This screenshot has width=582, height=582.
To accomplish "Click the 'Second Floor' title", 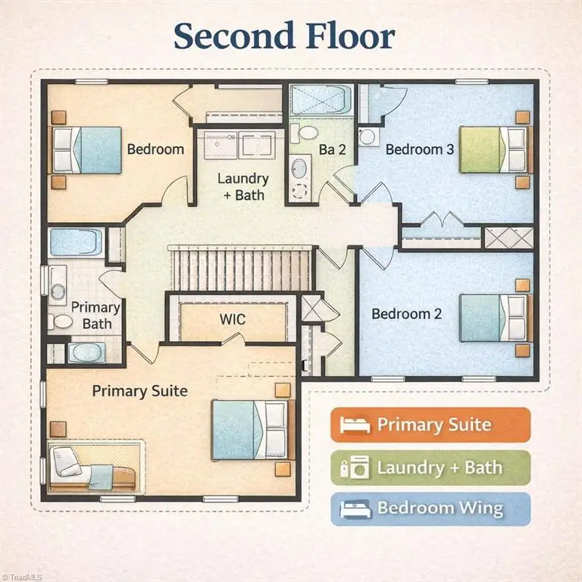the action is click(x=284, y=36).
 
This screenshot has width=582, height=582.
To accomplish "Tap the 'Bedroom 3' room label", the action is click(x=419, y=149).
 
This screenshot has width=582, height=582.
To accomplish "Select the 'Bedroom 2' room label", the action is click(x=407, y=314).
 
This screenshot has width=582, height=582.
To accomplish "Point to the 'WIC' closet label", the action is click(x=233, y=319).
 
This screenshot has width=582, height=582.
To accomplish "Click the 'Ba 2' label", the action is click(x=333, y=149).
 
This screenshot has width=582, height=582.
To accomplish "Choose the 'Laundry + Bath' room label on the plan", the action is click(x=243, y=186).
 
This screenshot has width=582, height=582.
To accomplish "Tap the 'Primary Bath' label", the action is click(x=95, y=315).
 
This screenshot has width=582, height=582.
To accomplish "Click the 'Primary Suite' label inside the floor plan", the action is click(x=140, y=391).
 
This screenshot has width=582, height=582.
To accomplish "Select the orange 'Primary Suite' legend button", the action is click(x=430, y=424).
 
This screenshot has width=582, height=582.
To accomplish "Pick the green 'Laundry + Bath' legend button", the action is click(x=430, y=468).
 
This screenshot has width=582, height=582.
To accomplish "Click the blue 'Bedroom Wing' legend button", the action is click(x=430, y=509).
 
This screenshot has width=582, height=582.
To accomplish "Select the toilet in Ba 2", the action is click(x=304, y=133).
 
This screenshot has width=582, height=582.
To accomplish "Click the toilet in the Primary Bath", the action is click(x=60, y=321).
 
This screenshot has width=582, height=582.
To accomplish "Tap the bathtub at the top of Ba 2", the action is click(x=321, y=99).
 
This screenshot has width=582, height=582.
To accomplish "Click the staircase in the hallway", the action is click(x=239, y=268).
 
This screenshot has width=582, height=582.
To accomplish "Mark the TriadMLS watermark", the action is click(x=21, y=577).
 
